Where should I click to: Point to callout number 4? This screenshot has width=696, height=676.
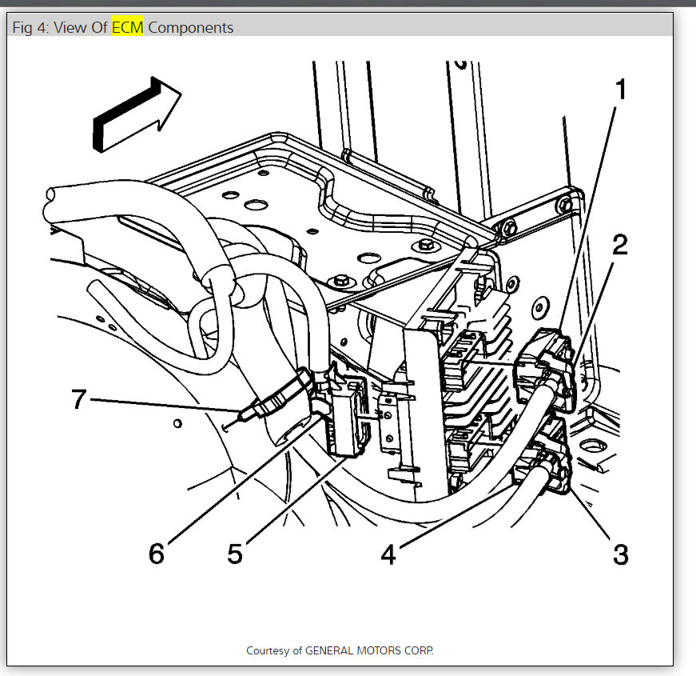click(x=388, y=554)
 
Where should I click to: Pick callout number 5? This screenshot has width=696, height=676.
click(x=233, y=554)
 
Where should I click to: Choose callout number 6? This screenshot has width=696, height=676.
click(x=157, y=554)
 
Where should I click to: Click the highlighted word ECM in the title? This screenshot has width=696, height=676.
click(x=127, y=27)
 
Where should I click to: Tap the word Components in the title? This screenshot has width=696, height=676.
click(x=191, y=27)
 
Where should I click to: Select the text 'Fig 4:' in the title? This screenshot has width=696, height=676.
click(x=30, y=27)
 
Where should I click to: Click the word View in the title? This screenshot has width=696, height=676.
click(x=71, y=27)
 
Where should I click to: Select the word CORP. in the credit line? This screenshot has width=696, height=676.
click(x=419, y=650)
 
